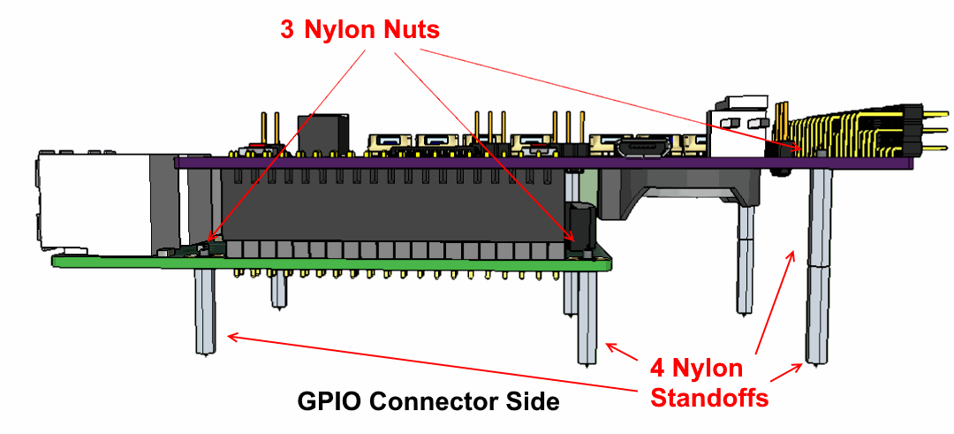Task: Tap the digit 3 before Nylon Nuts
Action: (288, 29)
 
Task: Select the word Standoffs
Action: (709, 398)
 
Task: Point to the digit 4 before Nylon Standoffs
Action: (658, 368)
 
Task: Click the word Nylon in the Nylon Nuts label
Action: (338, 29)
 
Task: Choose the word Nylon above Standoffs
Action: (708, 368)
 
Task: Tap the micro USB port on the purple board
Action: (640, 147)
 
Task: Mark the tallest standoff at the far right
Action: (818, 265)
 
